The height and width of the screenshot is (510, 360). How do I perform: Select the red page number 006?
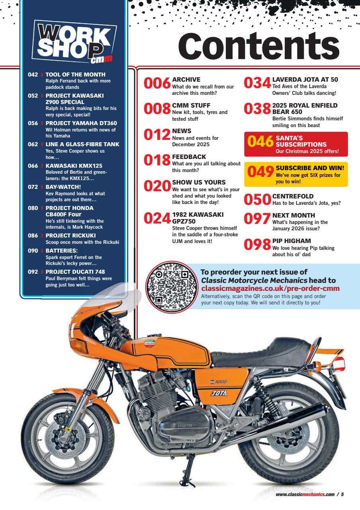click(157, 84)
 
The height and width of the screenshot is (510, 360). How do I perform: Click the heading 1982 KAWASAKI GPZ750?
click(198, 218)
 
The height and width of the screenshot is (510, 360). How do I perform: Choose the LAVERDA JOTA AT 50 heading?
click(305, 79)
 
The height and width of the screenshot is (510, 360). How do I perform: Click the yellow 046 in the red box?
click(260, 141)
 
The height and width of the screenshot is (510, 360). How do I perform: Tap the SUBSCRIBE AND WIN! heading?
click(310, 168)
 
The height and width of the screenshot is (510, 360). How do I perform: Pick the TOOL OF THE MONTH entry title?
click(75, 75)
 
